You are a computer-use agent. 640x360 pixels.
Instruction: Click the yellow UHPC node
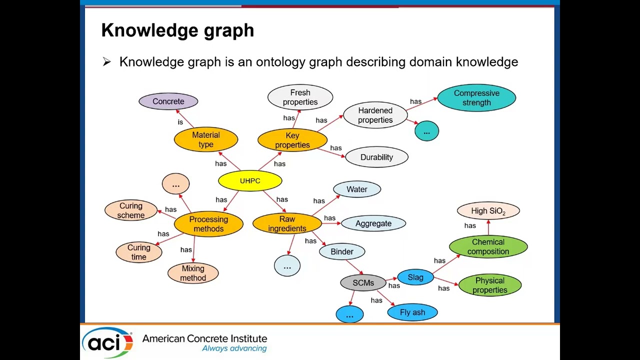tap(250, 181)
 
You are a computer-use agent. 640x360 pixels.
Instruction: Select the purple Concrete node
tap(168, 101)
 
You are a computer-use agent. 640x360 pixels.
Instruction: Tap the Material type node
tap(206, 139)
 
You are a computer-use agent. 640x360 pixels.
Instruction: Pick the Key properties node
tap(292, 140)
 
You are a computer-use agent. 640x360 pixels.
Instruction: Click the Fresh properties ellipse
tap(300, 97)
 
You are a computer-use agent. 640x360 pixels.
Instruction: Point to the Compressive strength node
tap(476, 97)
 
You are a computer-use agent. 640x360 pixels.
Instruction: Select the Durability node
tap(376, 157)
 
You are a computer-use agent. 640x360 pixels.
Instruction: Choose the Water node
tap(357, 189)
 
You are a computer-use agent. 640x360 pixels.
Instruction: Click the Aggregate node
tap(373, 223)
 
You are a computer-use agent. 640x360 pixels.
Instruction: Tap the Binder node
tap(342, 251)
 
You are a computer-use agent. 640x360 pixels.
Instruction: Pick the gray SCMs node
tap(363, 283)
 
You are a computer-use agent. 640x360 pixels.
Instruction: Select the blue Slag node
tap(415, 277)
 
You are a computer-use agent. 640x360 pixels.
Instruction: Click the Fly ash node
tap(412, 312)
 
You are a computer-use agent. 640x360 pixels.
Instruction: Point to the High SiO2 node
tap(488, 211)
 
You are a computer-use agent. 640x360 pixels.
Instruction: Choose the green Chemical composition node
tap(488, 246)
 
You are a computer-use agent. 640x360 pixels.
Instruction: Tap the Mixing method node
tap(193, 273)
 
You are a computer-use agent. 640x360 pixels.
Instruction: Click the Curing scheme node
tap(131, 210)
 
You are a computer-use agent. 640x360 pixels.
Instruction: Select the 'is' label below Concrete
tap(180, 122)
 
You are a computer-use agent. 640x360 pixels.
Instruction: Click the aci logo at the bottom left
tap(108, 342)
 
